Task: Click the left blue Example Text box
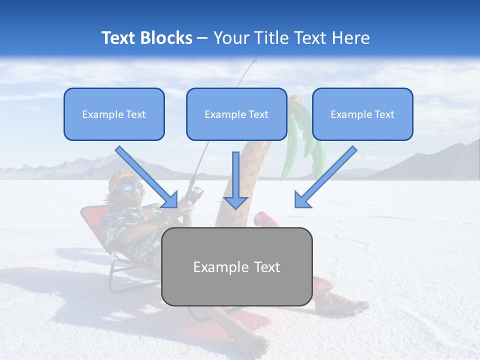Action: (114, 114)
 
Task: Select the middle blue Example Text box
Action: (236, 114)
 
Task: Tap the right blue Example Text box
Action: (362, 114)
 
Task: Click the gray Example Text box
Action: (236, 266)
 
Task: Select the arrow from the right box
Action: (325, 177)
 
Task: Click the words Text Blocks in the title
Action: (146, 38)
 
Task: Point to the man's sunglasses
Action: (131, 187)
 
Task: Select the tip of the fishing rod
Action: (255, 58)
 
